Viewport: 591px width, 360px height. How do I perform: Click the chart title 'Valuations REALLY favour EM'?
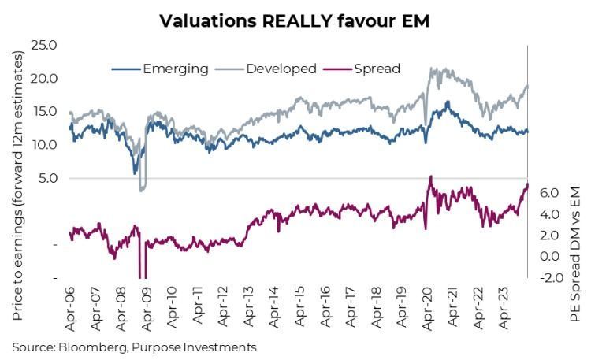point(295,20)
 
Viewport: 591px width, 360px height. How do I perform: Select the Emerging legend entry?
point(175,69)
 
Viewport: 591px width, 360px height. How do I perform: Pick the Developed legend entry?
point(282,69)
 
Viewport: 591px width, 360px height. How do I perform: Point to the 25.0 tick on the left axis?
point(43,45)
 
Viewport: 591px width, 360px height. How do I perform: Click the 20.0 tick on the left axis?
point(43,78)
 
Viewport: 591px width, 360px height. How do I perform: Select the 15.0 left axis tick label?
point(43,111)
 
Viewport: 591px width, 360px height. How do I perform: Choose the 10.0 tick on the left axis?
point(43,145)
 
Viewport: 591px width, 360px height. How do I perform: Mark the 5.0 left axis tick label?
point(46,178)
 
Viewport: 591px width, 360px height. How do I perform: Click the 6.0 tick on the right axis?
point(550,193)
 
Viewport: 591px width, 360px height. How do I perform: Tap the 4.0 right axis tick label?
point(550,214)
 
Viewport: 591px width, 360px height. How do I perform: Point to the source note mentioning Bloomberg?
point(134,346)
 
